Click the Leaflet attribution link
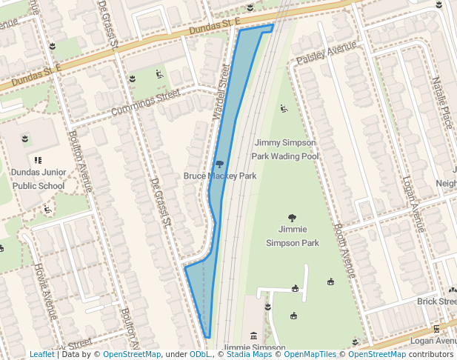point(41,354)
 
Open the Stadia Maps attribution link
point(247,354)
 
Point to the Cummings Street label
point(145,103)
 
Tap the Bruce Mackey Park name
point(220,176)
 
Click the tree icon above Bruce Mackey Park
point(219,164)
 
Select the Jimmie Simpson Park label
point(292,236)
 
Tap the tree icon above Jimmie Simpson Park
point(292,218)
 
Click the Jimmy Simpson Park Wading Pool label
point(285,149)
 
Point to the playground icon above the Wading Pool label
point(284,110)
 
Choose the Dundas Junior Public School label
point(39,179)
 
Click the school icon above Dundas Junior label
point(38,159)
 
